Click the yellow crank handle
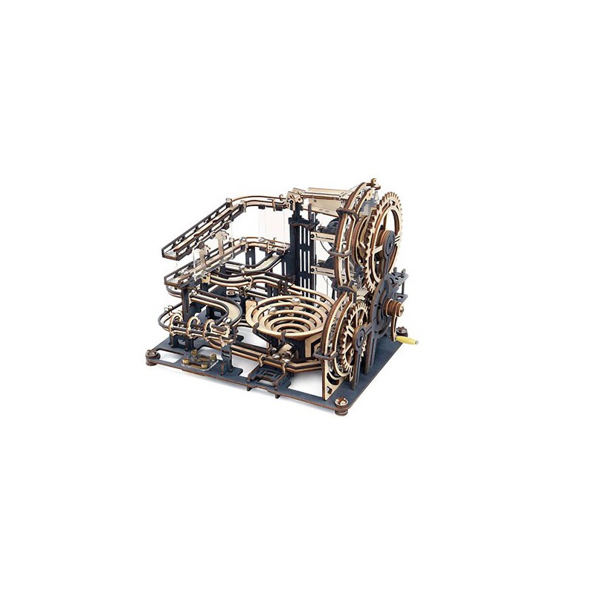tap(408, 338)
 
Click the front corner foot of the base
tap(341, 403)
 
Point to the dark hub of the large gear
tap(387, 242)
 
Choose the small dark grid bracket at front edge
tap(263, 371)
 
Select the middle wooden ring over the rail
tap(195, 326)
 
